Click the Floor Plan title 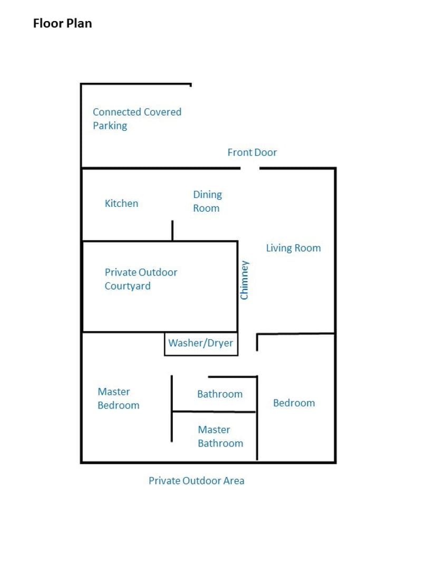[x=62, y=23]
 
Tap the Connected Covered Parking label [x=137, y=119]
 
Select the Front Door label [x=252, y=153]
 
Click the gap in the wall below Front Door [x=250, y=168]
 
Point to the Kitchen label [x=121, y=203]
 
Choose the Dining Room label [x=207, y=201]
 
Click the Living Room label [x=294, y=248]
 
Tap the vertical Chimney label [x=245, y=280]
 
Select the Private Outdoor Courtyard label [x=141, y=279]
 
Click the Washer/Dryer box [x=201, y=344]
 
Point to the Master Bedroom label [x=119, y=398]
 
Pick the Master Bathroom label [x=220, y=436]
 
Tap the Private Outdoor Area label [x=197, y=481]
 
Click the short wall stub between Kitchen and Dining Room [x=172, y=230]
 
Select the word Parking [x=110, y=126]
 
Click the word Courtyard [x=128, y=286]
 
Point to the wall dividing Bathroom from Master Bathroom [x=214, y=412]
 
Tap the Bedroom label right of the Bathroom [x=294, y=403]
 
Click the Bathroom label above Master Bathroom [x=220, y=394]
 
